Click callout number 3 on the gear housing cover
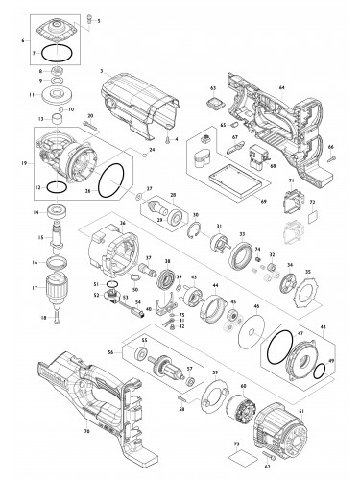pyautogui.click(x=100, y=71)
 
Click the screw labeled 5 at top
pyautogui.click(x=92, y=17)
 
